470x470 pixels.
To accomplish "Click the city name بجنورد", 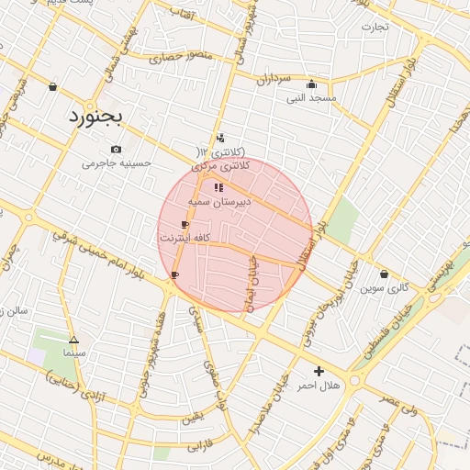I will click(x=101, y=118).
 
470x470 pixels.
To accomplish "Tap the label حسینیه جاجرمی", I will click(x=117, y=163).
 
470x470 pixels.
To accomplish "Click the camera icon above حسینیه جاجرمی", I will click(x=116, y=149).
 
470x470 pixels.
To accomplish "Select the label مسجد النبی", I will click(x=311, y=97).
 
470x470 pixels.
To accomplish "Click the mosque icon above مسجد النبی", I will click(x=311, y=84).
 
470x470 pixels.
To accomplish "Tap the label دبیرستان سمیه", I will click(x=218, y=201).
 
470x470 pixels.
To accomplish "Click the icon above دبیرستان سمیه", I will click(x=218, y=187).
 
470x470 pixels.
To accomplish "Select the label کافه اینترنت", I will click(x=186, y=238).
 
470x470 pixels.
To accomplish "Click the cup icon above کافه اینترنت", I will click(x=185, y=224).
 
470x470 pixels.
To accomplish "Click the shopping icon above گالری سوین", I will click(x=384, y=274).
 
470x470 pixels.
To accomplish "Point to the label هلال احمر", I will click(x=319, y=386).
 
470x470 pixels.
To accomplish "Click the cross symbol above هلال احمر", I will click(x=319, y=371).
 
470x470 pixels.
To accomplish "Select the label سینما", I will click(x=73, y=352).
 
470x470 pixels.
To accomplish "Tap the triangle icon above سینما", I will click(x=73, y=339).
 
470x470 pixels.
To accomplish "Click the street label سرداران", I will click(x=273, y=80).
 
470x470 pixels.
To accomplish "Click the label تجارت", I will click(x=375, y=27).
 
